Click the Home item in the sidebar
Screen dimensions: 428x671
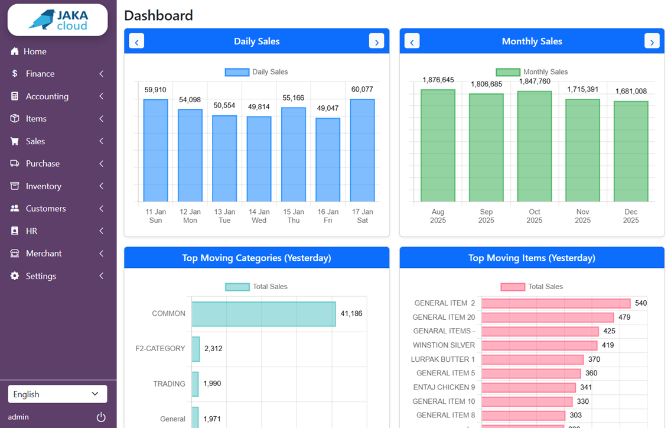(35, 51)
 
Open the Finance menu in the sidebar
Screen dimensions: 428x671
(40, 74)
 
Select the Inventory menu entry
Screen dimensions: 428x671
(43, 186)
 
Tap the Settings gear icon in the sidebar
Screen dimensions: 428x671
(15, 276)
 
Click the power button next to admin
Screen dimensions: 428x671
(101, 417)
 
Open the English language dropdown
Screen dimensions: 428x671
(57, 394)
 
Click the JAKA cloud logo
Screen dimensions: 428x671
(57, 20)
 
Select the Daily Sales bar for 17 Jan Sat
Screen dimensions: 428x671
(362, 151)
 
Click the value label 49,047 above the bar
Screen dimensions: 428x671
(328, 108)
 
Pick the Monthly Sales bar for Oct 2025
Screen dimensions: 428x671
(534, 147)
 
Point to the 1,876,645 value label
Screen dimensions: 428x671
(438, 80)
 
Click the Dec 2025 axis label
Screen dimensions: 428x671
(631, 216)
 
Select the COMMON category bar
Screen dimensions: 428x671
(263, 314)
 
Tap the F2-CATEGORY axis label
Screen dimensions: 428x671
(160, 349)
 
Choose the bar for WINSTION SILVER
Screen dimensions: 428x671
(539, 345)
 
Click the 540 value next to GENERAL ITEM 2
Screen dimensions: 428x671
(641, 303)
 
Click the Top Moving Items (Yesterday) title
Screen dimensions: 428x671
(532, 258)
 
